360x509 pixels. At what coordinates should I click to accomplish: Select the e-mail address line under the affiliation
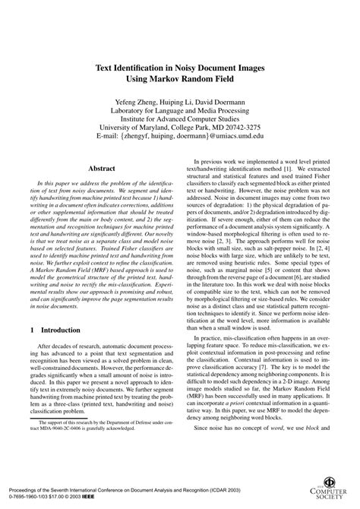tap(180, 137)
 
